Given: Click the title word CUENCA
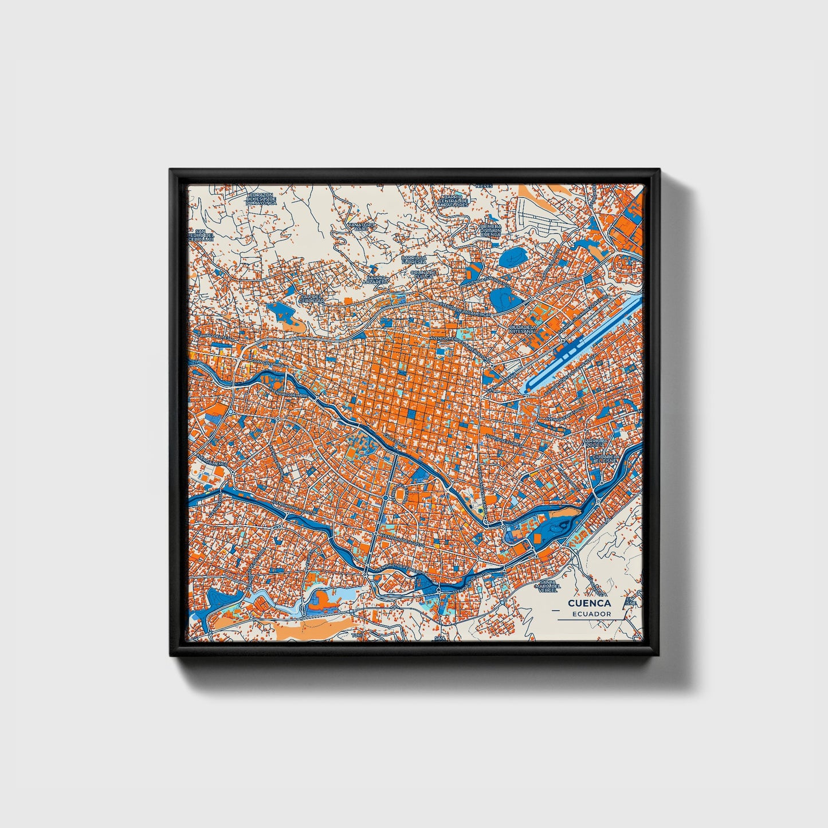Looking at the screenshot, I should [x=589, y=603].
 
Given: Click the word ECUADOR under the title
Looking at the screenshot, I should [x=591, y=614].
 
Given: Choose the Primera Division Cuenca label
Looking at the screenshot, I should [x=490, y=230].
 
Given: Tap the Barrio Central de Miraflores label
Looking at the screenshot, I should [x=453, y=201].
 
